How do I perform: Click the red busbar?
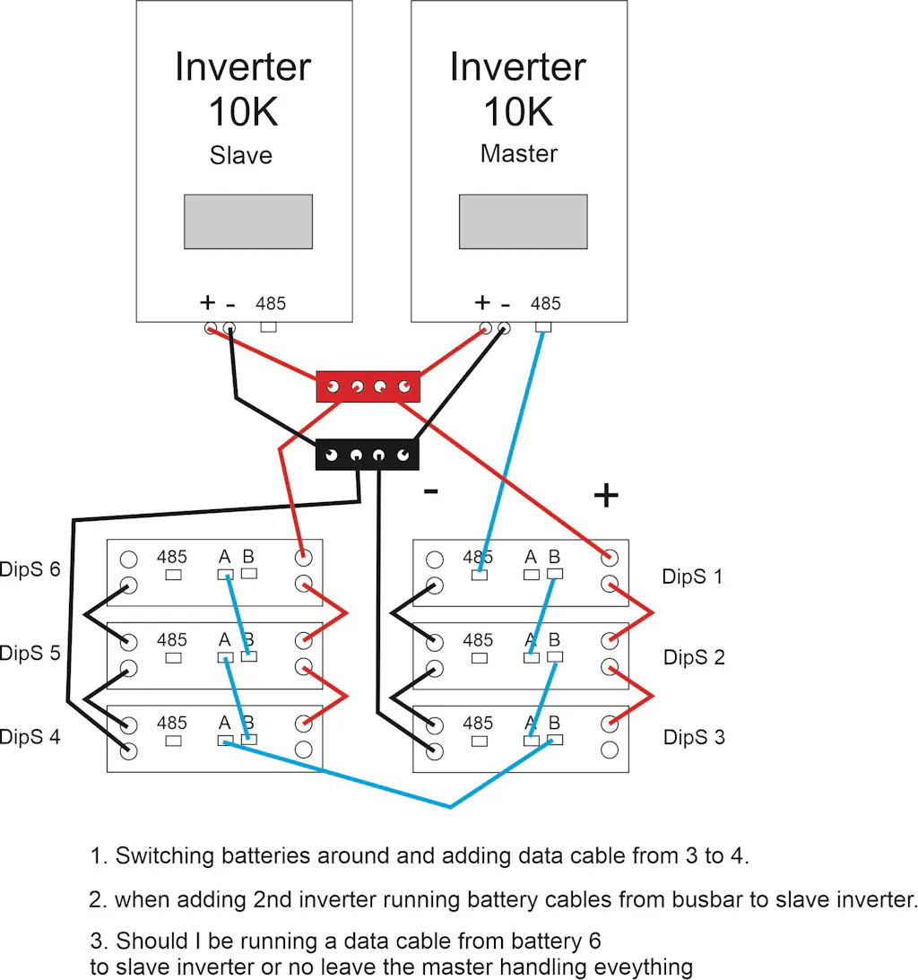tap(368, 386)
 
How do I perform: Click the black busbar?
tap(368, 455)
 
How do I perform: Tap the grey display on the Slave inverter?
tap(248, 221)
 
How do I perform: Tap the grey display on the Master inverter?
tap(524, 221)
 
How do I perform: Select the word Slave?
tap(240, 155)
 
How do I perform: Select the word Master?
tap(518, 153)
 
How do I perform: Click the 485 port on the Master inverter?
tap(543, 327)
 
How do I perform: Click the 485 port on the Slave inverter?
tap(268, 327)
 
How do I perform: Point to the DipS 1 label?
tap(692, 577)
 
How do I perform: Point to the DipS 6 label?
tap(30, 569)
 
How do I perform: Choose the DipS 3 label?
tap(694, 738)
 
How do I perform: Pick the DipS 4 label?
tap(30, 737)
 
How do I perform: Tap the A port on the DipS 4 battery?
tap(225, 741)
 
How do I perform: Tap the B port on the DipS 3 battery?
tap(555, 740)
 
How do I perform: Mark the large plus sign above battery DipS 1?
tap(606, 495)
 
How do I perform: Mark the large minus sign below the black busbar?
tap(431, 491)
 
